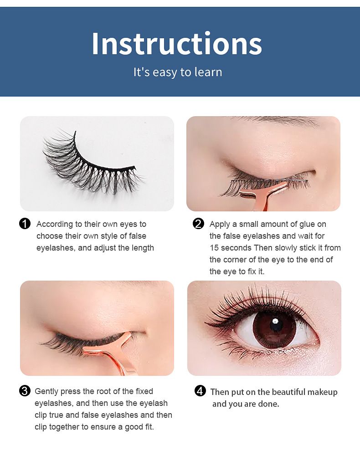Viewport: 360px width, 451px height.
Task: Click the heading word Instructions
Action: (177, 43)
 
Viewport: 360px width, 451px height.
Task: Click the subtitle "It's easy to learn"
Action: (178, 72)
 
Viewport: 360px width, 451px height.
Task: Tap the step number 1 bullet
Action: (25, 224)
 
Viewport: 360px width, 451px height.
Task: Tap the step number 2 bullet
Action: (198, 224)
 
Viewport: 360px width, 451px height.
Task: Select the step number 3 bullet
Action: (25, 391)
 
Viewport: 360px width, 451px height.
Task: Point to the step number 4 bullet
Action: (201, 391)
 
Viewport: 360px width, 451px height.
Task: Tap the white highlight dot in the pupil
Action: (275, 321)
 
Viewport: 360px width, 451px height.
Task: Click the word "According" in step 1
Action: (55, 224)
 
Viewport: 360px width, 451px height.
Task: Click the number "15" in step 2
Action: (214, 248)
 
